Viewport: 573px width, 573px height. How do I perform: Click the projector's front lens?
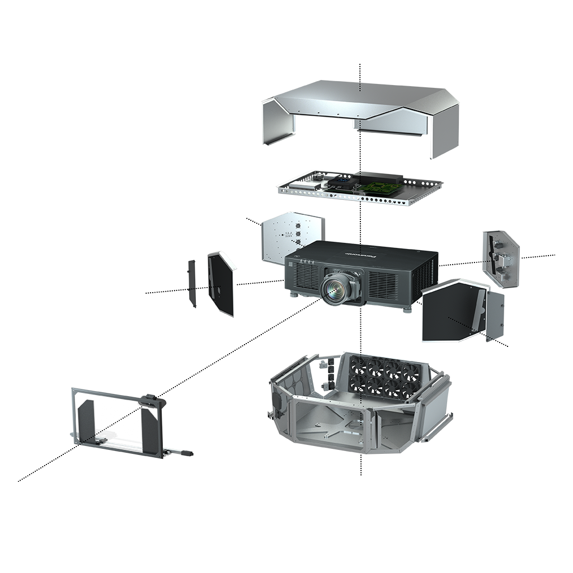point(335,288)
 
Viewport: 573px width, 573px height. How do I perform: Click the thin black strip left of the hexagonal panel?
point(192,284)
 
